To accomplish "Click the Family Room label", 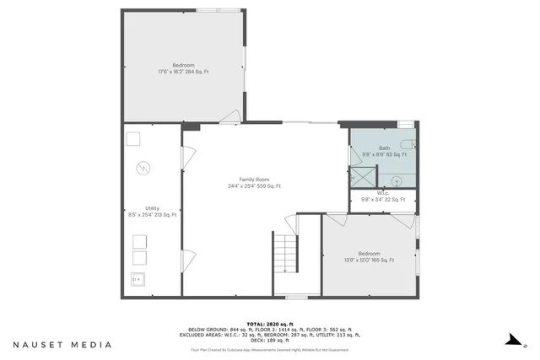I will (x=254, y=183).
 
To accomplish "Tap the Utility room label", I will (x=153, y=211).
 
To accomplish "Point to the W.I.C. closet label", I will (x=384, y=196).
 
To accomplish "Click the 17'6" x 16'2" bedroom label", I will (x=183, y=68).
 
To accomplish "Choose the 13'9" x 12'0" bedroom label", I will (x=369, y=256).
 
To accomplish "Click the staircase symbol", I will (x=285, y=253).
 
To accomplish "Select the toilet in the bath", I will (x=406, y=144).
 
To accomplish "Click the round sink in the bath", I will (x=396, y=179).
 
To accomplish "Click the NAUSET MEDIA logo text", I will (x=62, y=344).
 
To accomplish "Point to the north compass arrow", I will (x=510, y=341).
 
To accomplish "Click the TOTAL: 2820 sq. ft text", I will (x=270, y=324).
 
